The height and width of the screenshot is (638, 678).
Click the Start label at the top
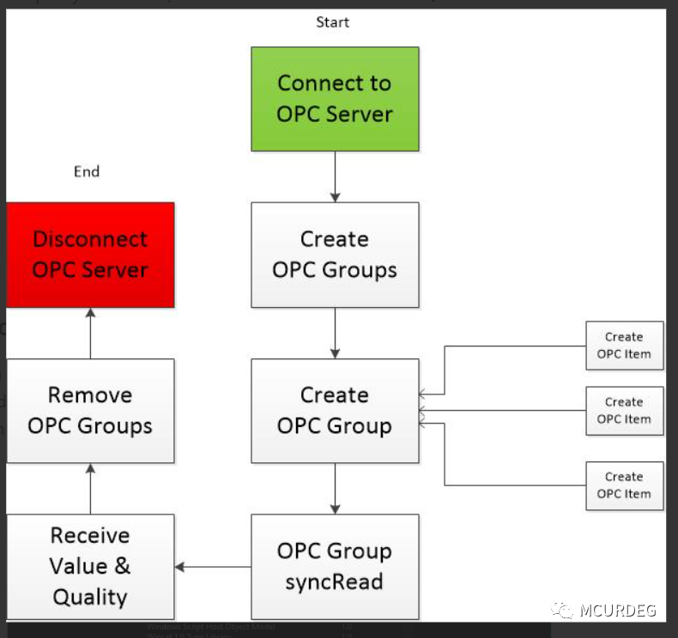[332, 22]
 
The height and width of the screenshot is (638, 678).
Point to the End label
[87, 172]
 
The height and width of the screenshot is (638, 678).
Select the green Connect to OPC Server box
[335, 99]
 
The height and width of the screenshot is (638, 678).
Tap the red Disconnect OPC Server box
[90, 255]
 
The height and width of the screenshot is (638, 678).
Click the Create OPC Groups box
[335, 255]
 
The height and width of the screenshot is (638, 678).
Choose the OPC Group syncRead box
[335, 566]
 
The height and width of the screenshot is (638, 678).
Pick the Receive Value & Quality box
[90, 566]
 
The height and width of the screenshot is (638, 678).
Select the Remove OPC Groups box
[90, 411]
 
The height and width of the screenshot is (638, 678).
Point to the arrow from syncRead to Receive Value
[213, 566]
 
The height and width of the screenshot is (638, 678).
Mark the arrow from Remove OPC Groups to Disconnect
[90, 333]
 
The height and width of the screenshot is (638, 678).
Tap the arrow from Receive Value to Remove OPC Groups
[90, 488]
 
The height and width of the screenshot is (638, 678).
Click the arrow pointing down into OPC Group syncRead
[335, 488]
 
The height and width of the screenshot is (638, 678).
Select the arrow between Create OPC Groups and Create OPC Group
[335, 333]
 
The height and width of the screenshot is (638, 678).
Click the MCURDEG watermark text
[617, 611]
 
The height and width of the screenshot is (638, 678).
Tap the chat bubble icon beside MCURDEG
[563, 610]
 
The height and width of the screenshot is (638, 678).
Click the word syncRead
[335, 582]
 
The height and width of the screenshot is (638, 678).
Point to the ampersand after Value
[123, 566]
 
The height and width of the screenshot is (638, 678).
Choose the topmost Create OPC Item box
[624, 346]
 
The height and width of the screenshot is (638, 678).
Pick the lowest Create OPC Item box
[624, 485]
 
